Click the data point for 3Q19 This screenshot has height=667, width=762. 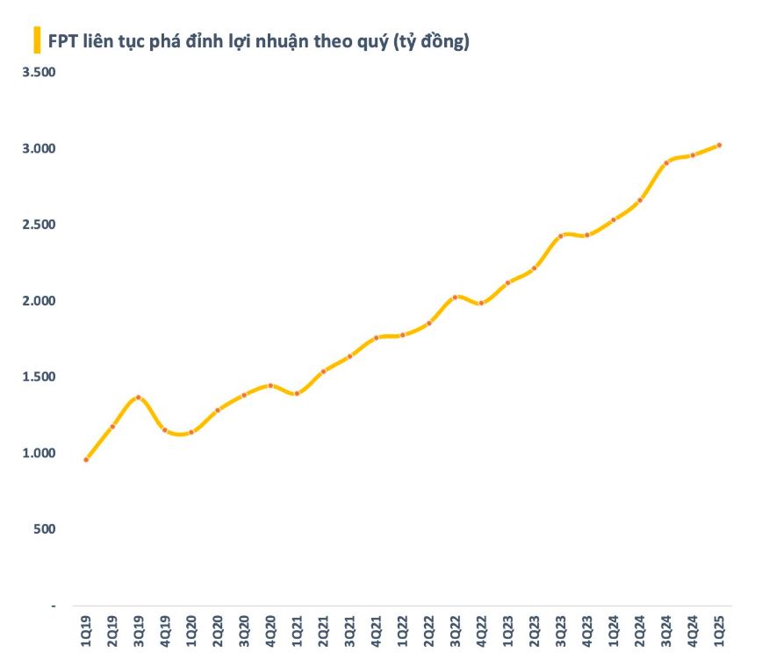tap(139, 398)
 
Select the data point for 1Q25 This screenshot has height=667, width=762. tap(720, 145)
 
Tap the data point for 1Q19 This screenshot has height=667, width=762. tap(86, 459)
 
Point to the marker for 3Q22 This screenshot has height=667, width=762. tap(456, 297)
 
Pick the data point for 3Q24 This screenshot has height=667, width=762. tap(667, 162)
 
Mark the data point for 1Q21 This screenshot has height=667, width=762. tap(297, 393)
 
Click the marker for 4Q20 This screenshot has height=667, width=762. tap(270, 385)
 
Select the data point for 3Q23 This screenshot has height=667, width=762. tap(561, 235)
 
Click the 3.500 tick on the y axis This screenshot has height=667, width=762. tap(40, 72)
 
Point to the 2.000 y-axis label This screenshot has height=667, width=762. tap(40, 301)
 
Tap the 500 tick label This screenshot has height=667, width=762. tap(45, 529)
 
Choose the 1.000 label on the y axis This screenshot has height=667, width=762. tap(40, 453)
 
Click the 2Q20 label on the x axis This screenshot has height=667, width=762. tap(218, 632)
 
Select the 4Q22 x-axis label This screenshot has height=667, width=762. tap(482, 632)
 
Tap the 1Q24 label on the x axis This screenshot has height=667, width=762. tap(614, 632)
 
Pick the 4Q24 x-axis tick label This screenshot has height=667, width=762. tap(694, 632)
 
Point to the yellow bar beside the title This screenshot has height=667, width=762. tap(37, 40)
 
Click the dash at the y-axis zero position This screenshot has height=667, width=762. tap(52, 606)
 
